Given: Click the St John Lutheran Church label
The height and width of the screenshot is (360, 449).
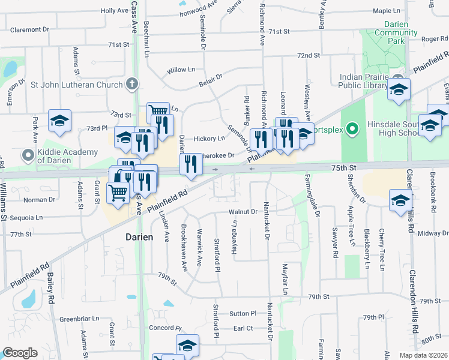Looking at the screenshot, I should click(76, 85).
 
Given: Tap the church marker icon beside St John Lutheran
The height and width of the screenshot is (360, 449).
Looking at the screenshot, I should click(133, 85).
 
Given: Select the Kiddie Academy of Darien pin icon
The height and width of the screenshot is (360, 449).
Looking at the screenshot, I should click(28, 156).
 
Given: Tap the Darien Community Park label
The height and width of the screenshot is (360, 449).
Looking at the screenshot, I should click(385, 32).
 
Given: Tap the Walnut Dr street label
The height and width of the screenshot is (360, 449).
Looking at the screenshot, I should click(242, 212).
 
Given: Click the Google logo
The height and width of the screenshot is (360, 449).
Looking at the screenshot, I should click(20, 352).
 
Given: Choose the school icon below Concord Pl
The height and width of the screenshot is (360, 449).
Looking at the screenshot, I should click(187, 346).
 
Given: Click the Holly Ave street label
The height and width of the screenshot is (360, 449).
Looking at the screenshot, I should click(115, 11).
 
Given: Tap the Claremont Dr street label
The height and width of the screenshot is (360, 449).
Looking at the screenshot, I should click(29, 29).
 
